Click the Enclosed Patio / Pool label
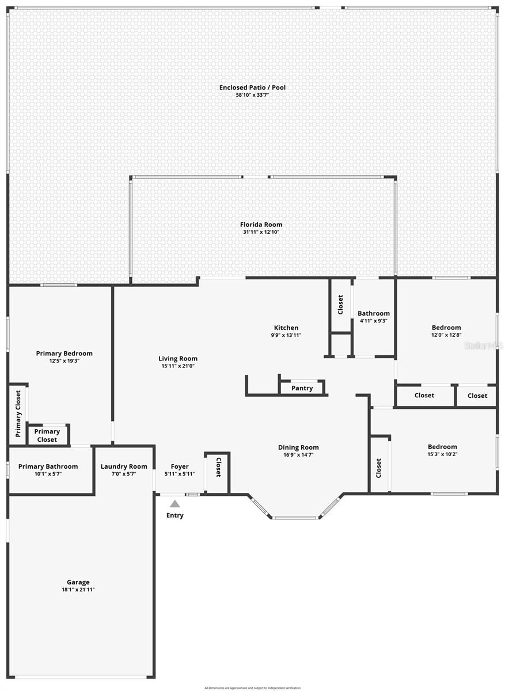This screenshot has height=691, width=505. coord(252,88)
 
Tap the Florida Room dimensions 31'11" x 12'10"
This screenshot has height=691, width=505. coord(261,232)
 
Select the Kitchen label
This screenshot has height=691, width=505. coord(286,328)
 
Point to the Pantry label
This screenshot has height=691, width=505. coord(302,388)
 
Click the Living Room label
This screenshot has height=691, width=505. coord(178,358)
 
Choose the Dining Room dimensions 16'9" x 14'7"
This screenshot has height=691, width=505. coord(298,455)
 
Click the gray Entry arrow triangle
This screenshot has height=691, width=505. coord(175,504)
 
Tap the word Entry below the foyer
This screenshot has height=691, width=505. coord(175,515)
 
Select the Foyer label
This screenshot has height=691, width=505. coord(180,466)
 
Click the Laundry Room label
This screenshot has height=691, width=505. coord(124,466)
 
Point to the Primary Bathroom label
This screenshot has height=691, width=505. coord(48,466)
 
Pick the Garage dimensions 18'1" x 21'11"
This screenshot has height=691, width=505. coord(78,590)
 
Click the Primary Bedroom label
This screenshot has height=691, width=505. coord(64,354)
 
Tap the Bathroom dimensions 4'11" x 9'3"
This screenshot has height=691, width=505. coord(374,321)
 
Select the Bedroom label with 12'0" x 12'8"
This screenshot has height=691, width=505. coord(446,328)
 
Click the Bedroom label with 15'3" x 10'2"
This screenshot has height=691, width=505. coord(442,446)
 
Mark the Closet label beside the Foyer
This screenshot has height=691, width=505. coord(218,467)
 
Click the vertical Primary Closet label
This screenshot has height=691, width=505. coord(18,413)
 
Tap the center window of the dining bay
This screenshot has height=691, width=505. coord(295,517)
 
